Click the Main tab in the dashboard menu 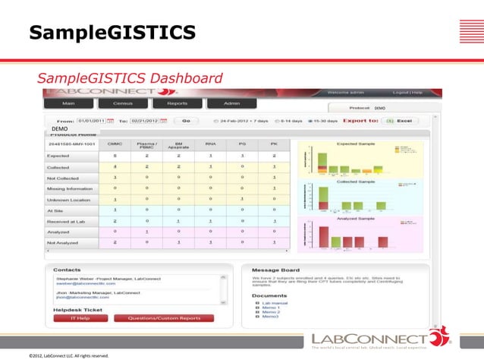(x=68, y=103)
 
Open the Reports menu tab (x=177, y=103)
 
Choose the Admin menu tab (x=233, y=103)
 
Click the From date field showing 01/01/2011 (x=90, y=120)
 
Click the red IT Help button (x=80, y=318)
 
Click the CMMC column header (x=115, y=143)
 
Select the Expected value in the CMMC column (x=115, y=155)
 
